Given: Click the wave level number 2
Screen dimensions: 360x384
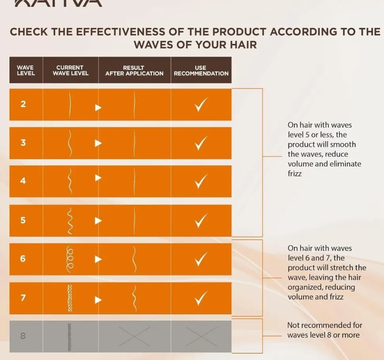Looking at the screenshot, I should tap(23, 105).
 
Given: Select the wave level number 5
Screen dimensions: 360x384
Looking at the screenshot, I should tap(23, 220).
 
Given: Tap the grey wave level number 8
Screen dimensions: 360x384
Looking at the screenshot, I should tap(23, 336).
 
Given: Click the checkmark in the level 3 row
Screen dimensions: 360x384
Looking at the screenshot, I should tap(201, 143).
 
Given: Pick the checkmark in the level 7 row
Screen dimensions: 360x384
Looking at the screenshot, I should tap(201, 298).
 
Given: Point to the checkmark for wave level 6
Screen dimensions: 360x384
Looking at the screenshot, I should tap(201, 259).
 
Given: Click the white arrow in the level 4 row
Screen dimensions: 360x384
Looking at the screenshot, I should tap(98, 178).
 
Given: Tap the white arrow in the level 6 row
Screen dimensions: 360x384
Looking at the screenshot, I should tap(98, 259).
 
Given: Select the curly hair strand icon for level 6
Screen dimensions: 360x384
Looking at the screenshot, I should tap(70, 259).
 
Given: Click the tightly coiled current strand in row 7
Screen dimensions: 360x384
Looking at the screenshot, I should tap(70, 298).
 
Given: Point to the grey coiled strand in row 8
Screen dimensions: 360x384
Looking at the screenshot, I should tap(70, 336).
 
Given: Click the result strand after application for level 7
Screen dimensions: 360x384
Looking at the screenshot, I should tap(135, 298).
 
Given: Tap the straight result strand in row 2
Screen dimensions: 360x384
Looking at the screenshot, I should tap(135, 105).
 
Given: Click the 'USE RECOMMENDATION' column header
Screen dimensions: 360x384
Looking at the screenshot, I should tap(201, 70).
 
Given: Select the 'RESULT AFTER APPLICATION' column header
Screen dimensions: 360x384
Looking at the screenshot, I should tap(134, 70).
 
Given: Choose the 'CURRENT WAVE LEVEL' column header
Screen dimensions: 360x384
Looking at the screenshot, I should tap(70, 70).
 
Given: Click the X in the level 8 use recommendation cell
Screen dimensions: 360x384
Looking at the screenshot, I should tap(201, 336).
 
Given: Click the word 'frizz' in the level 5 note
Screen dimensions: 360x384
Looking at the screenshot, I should tap(295, 173).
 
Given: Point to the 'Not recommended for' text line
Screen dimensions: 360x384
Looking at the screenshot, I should tap(324, 325).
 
